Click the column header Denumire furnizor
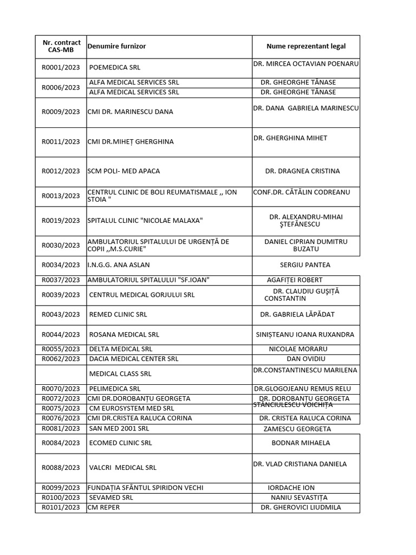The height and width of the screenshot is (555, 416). point(116,47)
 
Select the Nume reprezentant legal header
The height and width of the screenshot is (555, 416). point(306,47)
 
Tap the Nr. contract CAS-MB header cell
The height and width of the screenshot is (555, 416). point(61,47)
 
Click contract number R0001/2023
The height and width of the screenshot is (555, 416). point(61,68)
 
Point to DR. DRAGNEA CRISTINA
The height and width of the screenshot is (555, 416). point(302,171)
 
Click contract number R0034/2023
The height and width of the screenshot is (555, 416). point(61,265)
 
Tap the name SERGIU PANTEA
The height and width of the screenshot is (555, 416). point(305,265)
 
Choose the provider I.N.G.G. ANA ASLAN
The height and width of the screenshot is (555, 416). point(119,265)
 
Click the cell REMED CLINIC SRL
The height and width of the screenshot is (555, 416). point(118,314)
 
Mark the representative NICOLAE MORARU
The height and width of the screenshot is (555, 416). point(298,349)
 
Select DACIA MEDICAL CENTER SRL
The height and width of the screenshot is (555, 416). point(133,359)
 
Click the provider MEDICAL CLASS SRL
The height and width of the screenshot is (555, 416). point(120,374)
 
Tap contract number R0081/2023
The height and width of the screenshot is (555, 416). point(61,429)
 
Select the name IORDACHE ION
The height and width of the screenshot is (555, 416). point(291,488)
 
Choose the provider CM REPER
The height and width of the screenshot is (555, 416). point(104,507)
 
